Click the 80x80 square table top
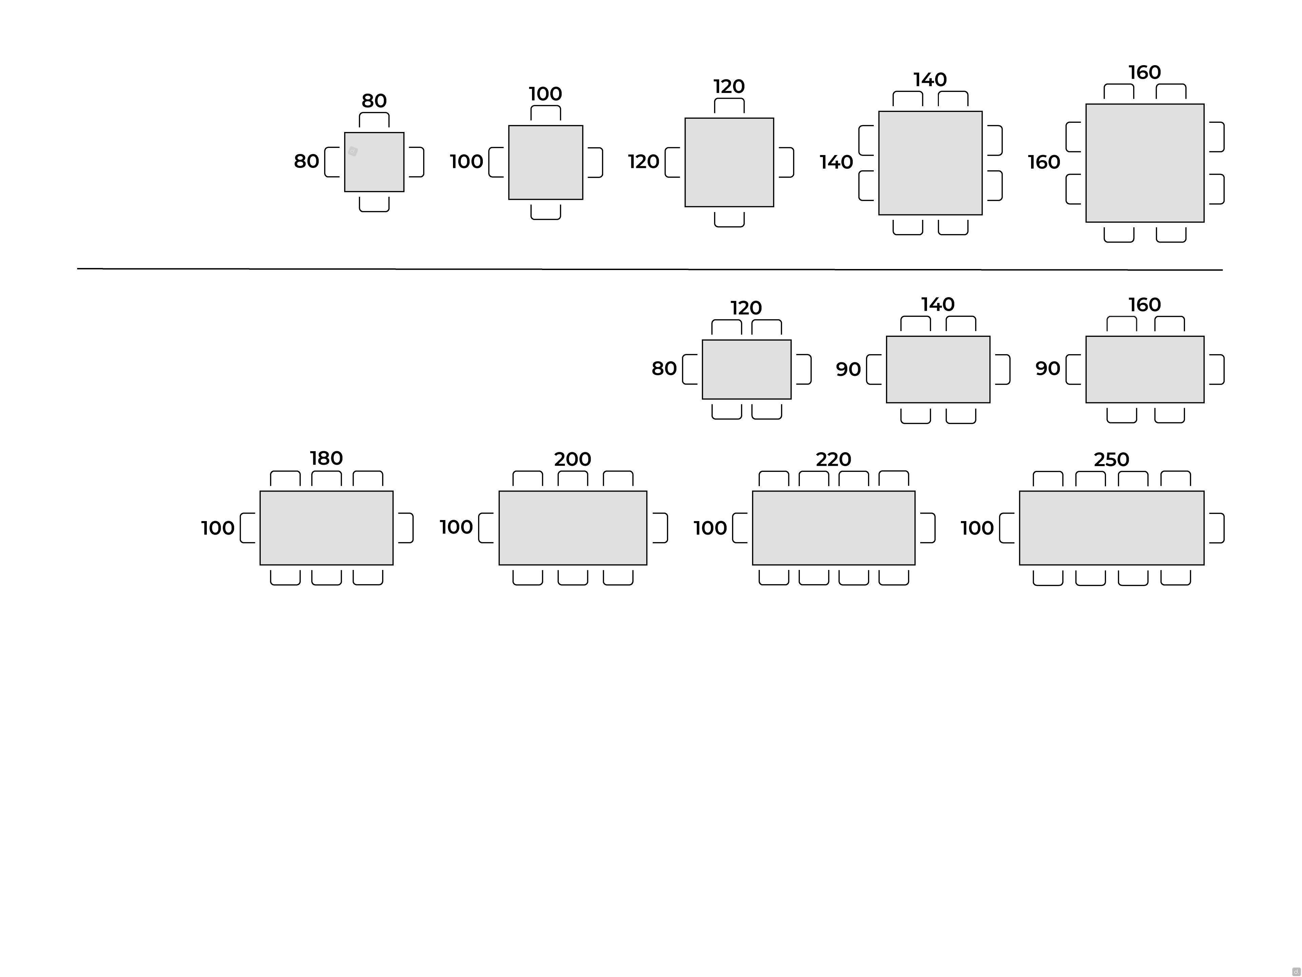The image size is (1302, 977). pyautogui.click(x=374, y=162)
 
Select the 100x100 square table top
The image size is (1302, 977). pyautogui.click(x=546, y=162)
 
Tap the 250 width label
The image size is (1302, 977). pyautogui.click(x=1111, y=459)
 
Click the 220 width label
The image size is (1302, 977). pyautogui.click(x=833, y=459)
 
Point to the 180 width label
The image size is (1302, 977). pyautogui.click(x=326, y=458)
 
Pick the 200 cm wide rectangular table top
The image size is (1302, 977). pyautogui.click(x=573, y=528)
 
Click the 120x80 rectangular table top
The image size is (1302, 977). pyautogui.click(x=746, y=369)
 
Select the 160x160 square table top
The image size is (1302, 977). pyautogui.click(x=1145, y=163)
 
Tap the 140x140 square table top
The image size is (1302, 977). pyautogui.click(x=931, y=163)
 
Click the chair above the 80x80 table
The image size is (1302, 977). pyautogui.click(x=374, y=119)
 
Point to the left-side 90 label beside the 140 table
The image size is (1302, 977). pyautogui.click(x=848, y=369)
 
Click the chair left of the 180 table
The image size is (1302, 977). pyautogui.click(x=248, y=528)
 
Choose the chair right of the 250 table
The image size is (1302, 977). pyautogui.click(x=1217, y=528)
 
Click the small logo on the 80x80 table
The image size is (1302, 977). pyautogui.click(x=353, y=151)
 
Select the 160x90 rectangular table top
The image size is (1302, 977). pyautogui.click(x=1145, y=369)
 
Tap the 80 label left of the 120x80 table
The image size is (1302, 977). pyautogui.click(x=664, y=369)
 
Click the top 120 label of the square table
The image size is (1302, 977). pyautogui.click(x=729, y=87)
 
